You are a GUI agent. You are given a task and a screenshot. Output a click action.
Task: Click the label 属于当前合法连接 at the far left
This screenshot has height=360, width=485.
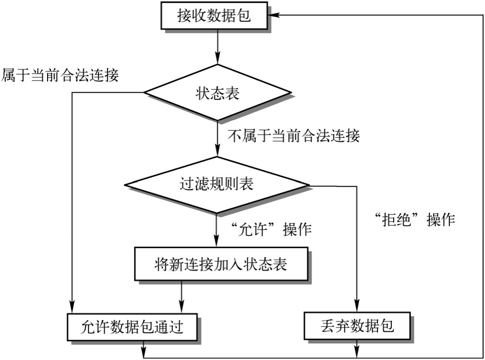point(60,75)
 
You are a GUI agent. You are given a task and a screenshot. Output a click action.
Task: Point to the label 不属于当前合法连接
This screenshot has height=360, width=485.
point(294,136)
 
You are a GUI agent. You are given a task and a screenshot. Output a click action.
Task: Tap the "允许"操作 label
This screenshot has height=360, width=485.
point(270,230)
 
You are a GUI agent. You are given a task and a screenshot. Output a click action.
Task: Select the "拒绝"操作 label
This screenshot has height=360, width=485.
point(414,220)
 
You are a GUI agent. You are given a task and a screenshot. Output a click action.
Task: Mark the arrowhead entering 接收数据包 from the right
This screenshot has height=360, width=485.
point(278,15)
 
